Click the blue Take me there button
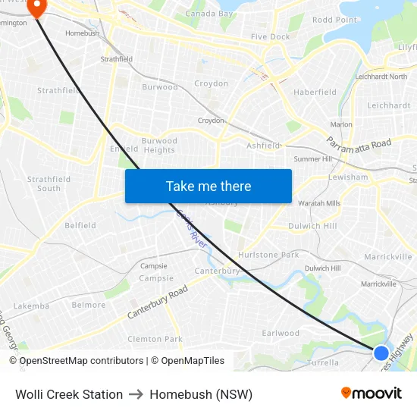pyautogui.click(x=208, y=186)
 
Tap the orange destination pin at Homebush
pyautogui.click(x=36, y=8)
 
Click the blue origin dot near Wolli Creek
pyautogui.click(x=381, y=353)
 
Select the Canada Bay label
pyautogui.click(x=209, y=14)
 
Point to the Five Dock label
pyautogui.click(x=271, y=36)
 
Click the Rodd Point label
pyautogui.click(x=334, y=20)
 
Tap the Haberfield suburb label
pyautogui.click(x=315, y=92)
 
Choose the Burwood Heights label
pyautogui.click(x=159, y=145)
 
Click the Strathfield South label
pyautogui.click(x=49, y=183)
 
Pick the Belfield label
pyautogui.click(x=80, y=225)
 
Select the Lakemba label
pyautogui.click(x=31, y=306)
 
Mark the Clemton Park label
pyautogui.click(x=155, y=339)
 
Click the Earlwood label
pyautogui.click(x=281, y=333)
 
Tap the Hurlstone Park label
pyautogui.click(x=268, y=255)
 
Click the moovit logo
pyautogui.click(x=372, y=393)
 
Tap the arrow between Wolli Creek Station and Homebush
pyautogui.click(x=136, y=394)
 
